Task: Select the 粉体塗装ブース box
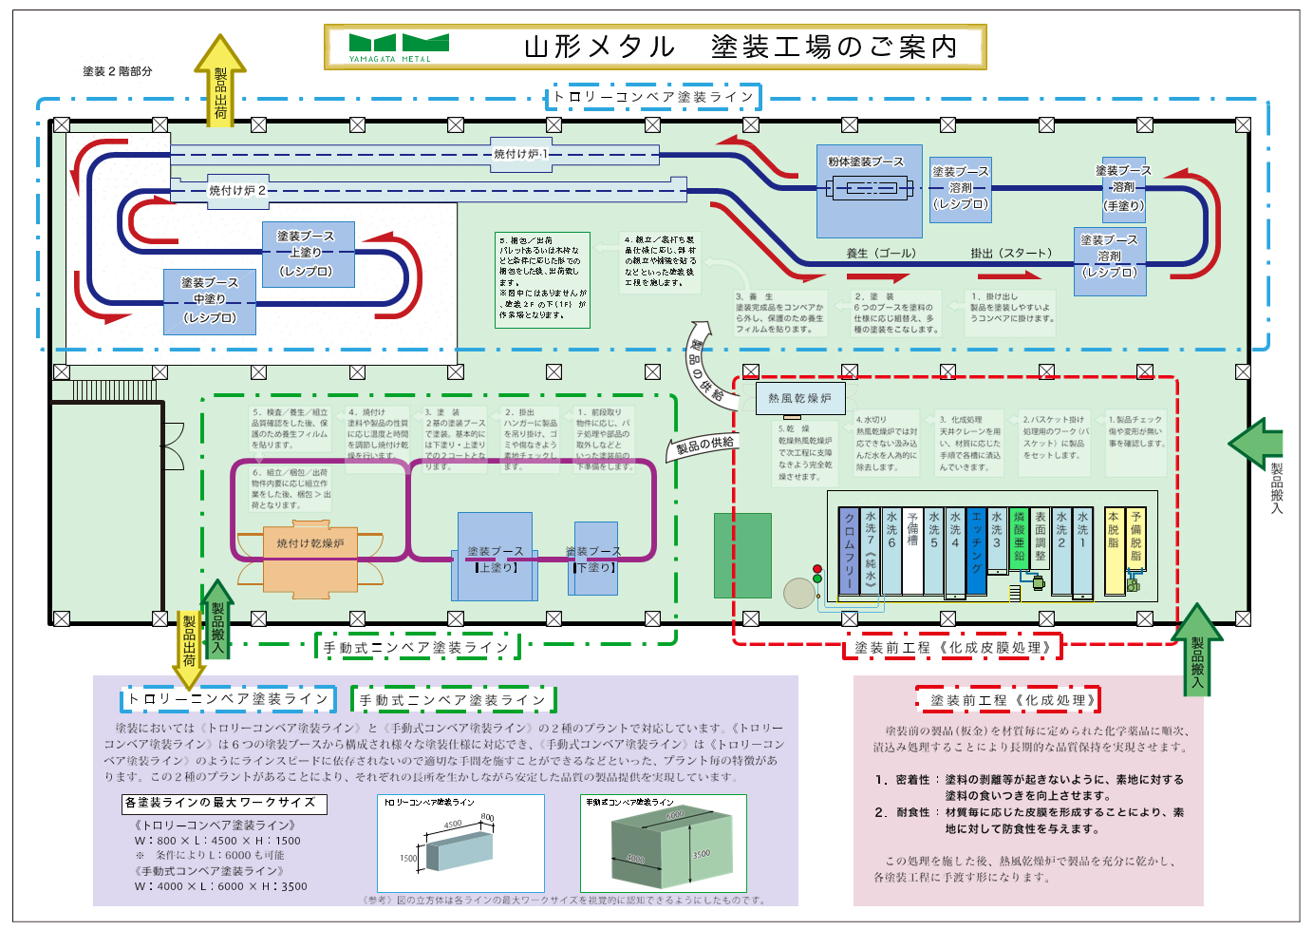click(869, 190)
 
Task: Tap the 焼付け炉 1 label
click(520, 154)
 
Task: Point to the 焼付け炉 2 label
click(237, 191)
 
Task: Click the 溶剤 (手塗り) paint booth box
click(1123, 189)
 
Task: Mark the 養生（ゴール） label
click(881, 254)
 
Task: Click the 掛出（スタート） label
click(1011, 254)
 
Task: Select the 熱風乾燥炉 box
click(799, 398)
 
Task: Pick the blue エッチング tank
click(976, 551)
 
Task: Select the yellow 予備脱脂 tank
click(1135, 539)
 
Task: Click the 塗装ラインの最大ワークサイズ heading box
click(224, 804)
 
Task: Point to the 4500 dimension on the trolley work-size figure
click(453, 824)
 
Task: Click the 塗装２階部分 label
click(118, 71)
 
